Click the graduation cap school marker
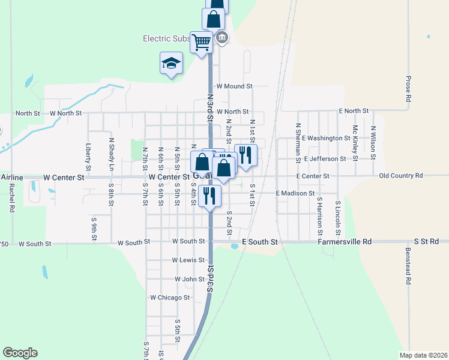coord(171,63)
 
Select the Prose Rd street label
coord(408,88)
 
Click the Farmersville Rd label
coord(345,241)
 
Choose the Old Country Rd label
coord(402,176)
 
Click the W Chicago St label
coord(170,297)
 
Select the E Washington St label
coord(326,138)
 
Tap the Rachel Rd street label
coord(12,197)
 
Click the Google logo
coord(20,353)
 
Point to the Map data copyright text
coord(423,355)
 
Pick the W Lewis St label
coord(188,260)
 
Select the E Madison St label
coord(295,193)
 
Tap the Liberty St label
coord(88,154)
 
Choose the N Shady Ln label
coord(111,154)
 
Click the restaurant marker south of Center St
coord(209,196)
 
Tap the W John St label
coord(190,279)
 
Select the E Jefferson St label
coord(325,159)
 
